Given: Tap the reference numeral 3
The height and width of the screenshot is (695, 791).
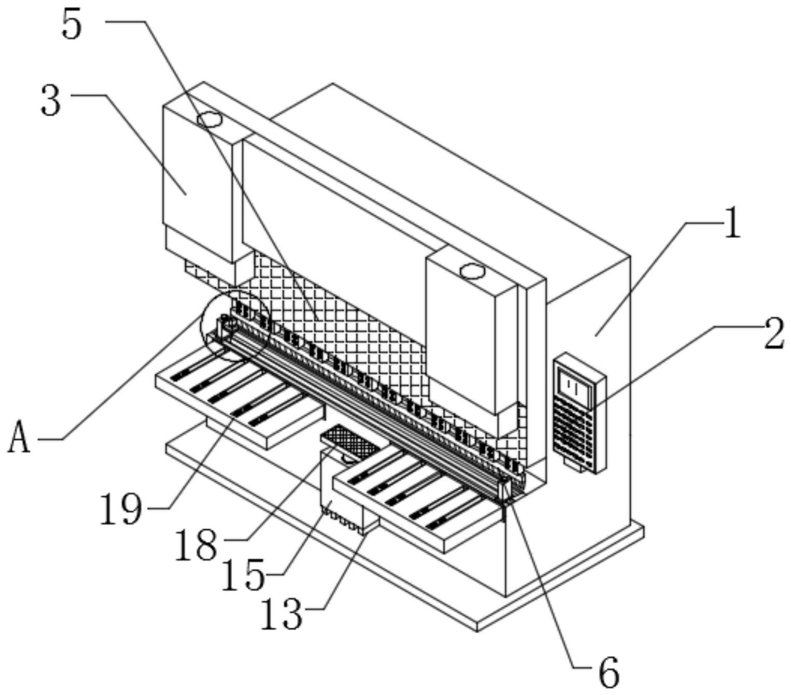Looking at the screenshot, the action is pos(51,102).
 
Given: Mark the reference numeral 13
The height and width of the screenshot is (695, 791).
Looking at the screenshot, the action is pos(281,614).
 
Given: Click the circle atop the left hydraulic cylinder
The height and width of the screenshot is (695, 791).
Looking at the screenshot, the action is pos(210,120).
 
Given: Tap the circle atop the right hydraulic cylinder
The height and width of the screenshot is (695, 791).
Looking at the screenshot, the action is pos(472,270).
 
